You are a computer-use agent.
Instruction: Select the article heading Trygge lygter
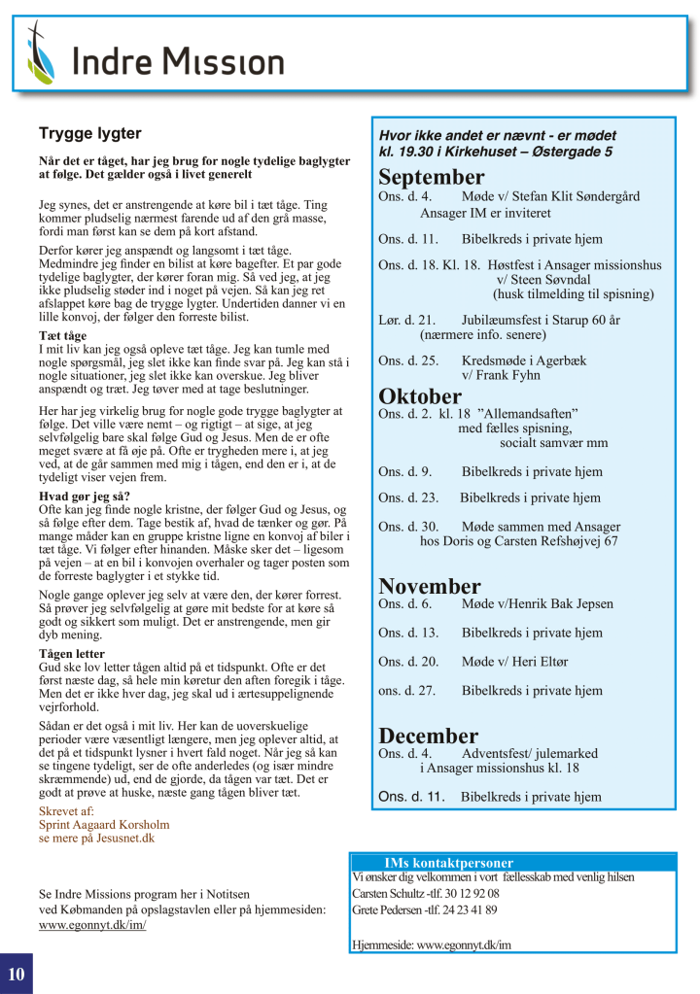coord(89,133)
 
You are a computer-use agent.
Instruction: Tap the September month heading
coord(431,178)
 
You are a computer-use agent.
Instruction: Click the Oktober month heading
coord(419,396)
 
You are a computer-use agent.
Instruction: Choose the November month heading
coord(429,586)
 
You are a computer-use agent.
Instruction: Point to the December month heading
coord(428,736)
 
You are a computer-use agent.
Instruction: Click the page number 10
coord(17,975)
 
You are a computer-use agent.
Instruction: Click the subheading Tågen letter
coord(72,654)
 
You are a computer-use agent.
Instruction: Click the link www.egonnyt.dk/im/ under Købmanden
coord(92,925)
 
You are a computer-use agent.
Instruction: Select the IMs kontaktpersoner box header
coord(448,863)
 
